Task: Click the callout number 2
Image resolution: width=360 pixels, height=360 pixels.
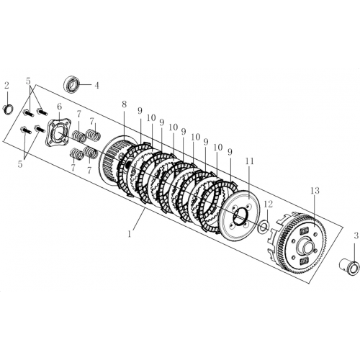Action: [6, 85]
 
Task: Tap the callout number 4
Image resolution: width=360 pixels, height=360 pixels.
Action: [96, 86]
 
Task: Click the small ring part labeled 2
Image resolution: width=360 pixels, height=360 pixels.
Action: [9, 110]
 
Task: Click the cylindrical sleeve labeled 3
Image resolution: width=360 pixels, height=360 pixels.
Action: [349, 267]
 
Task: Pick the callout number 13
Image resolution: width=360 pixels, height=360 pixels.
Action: [315, 191]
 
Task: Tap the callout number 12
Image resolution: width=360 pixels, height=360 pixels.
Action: [269, 204]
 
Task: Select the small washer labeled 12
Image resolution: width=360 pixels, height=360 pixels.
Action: [264, 226]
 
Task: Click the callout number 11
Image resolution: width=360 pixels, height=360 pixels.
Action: [249, 161]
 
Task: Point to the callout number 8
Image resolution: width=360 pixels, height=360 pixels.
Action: [124, 104]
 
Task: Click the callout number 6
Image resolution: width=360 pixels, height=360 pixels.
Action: [59, 106]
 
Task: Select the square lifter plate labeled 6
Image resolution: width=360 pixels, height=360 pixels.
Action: [56, 132]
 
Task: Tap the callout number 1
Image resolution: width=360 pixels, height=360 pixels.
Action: [130, 233]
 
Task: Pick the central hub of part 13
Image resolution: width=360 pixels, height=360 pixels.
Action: [305, 245]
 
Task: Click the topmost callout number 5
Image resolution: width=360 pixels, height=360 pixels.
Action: [28, 81]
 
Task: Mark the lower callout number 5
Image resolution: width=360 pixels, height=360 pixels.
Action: [20, 164]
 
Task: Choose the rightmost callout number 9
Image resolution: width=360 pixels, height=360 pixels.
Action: [230, 152]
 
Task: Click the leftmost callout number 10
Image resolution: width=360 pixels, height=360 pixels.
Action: [151, 117]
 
